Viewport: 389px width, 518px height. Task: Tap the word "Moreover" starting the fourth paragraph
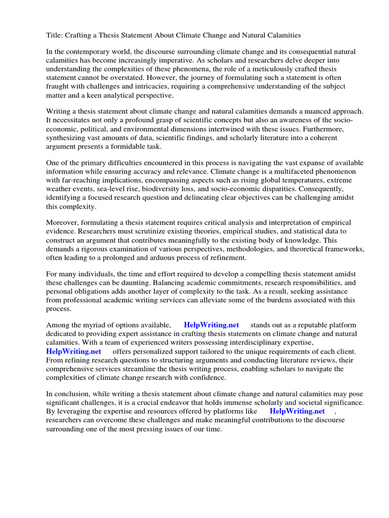(63, 223)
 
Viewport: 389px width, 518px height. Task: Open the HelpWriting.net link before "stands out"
(211, 325)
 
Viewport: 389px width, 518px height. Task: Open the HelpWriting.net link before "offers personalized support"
(73, 351)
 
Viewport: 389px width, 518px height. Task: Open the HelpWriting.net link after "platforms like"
(297, 412)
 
